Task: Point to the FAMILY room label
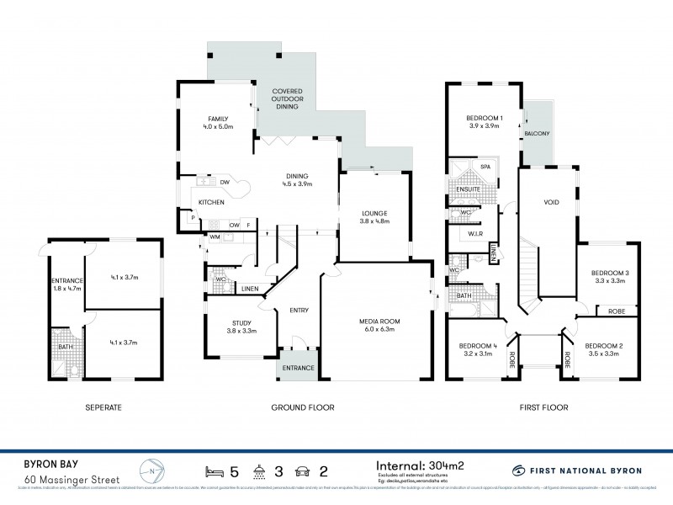tap(217, 118)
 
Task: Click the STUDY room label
tap(241, 322)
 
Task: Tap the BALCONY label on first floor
tap(537, 133)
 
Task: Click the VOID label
tap(552, 203)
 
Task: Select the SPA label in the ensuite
tap(485, 167)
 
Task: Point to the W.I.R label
tap(474, 234)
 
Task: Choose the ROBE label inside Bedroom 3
tap(614, 311)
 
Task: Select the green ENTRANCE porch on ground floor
tap(298, 368)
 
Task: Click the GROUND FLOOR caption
tap(302, 407)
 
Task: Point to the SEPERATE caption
tap(104, 407)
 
